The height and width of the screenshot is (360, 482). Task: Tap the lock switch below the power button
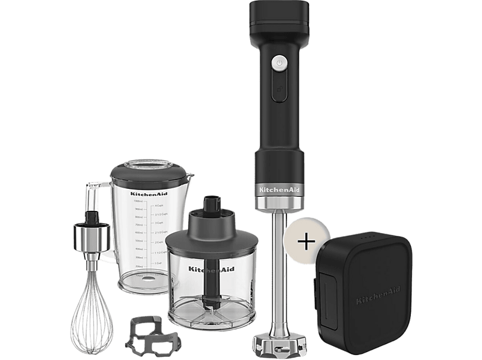pos(280,87)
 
